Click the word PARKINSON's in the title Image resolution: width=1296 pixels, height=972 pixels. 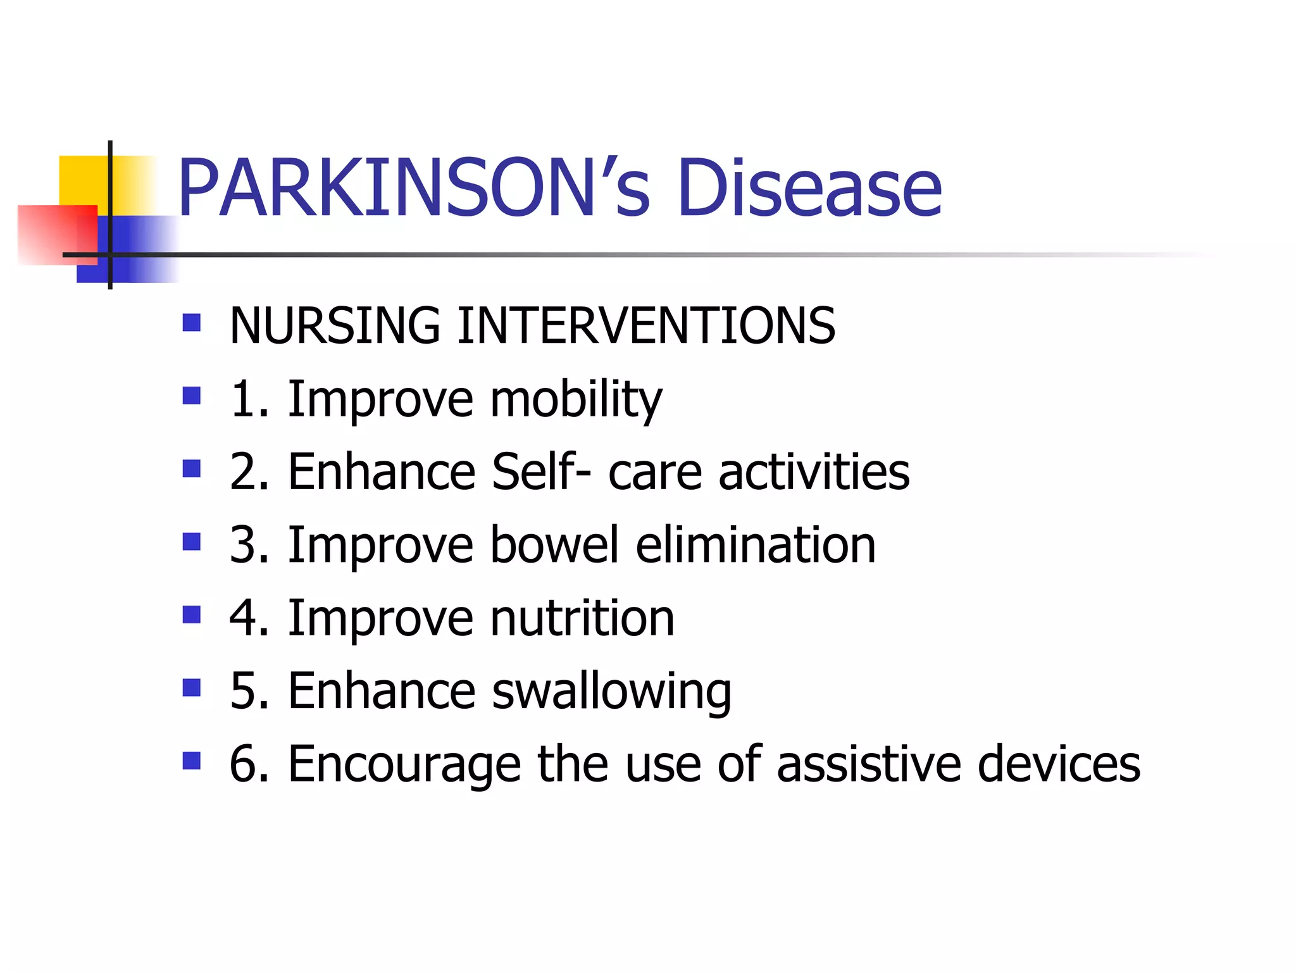tap(414, 188)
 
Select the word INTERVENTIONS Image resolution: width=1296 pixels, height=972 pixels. tap(646, 325)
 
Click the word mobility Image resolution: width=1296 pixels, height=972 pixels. tap(576, 400)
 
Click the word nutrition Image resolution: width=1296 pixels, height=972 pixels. tap(582, 618)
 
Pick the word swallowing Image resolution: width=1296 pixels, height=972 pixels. tap(611, 692)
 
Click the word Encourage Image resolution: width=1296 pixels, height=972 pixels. tap(404, 764)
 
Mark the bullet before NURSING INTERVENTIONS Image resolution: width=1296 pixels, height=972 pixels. tap(191, 323)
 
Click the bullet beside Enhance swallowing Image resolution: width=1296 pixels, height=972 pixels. tap(191, 687)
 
